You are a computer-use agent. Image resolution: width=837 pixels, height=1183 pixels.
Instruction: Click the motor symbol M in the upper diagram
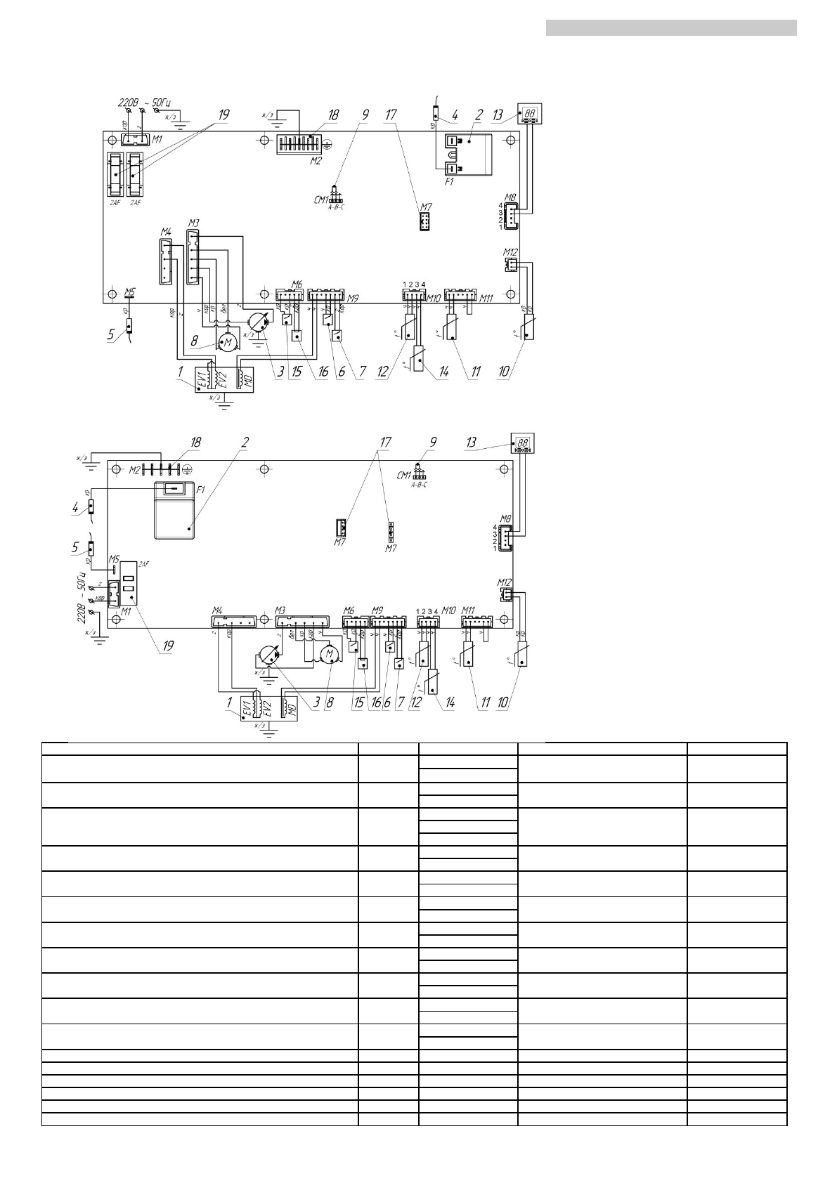click(x=227, y=342)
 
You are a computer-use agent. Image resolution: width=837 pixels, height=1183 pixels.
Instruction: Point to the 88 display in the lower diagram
click(x=523, y=444)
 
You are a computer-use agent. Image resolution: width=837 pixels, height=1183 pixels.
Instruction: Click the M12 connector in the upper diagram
click(x=511, y=264)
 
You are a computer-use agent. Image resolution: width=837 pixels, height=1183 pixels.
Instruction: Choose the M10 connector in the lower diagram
click(x=428, y=622)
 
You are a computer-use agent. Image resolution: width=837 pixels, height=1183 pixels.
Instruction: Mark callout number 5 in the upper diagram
click(x=111, y=335)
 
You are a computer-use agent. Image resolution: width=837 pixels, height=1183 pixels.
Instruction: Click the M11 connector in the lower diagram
click(x=474, y=622)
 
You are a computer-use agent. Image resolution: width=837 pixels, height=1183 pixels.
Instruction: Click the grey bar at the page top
click(x=671, y=27)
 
